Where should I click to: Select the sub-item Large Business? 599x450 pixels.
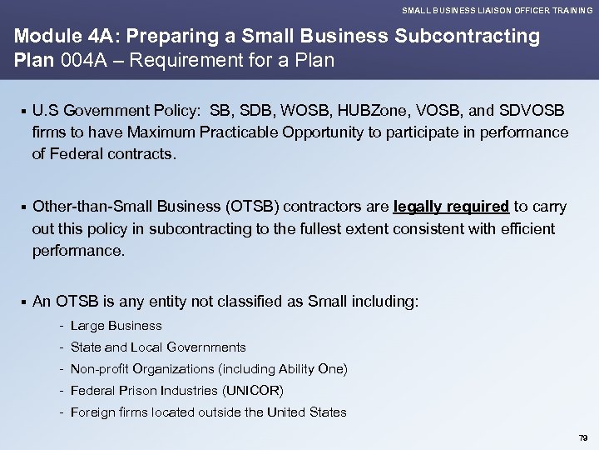click(116, 326)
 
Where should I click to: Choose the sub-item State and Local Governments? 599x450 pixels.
click(158, 347)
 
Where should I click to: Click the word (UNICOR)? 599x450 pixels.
click(255, 391)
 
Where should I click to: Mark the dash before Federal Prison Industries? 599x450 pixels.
click(62, 391)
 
